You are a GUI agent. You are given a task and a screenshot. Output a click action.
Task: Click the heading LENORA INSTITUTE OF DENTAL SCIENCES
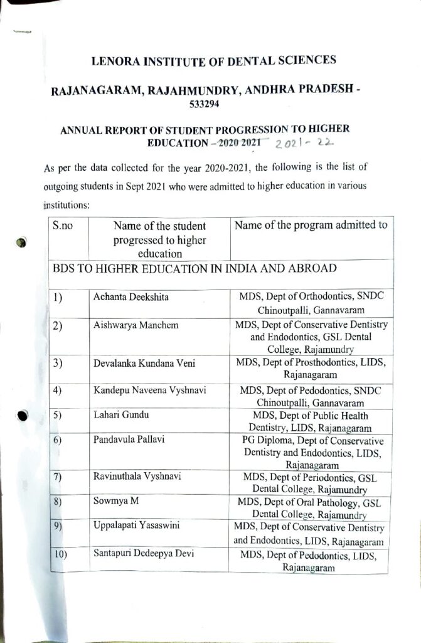point(214,61)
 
